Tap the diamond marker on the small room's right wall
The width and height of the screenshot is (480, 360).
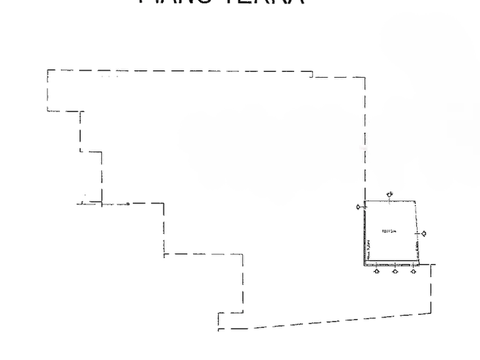tap(424, 234)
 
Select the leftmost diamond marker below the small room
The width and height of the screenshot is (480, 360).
tap(377, 271)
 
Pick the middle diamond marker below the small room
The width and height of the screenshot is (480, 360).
tap(395, 271)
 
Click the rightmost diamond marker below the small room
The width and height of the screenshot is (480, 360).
tap(413, 271)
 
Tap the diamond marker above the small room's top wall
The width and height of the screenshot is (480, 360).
tap(391, 194)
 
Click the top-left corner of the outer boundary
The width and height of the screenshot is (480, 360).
tap(46, 68)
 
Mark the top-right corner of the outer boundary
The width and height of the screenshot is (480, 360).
tap(366, 77)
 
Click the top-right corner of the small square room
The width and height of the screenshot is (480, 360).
tap(417, 200)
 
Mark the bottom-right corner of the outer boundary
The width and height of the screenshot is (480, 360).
tap(433, 314)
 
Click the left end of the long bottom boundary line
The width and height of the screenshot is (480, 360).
tap(217, 326)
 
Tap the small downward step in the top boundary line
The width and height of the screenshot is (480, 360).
tap(311, 74)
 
